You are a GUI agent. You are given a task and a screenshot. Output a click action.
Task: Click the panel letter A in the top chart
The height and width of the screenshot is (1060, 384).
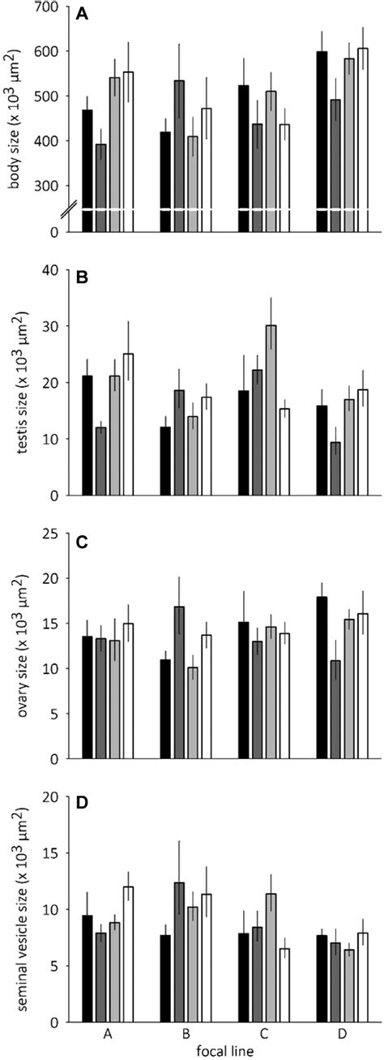click(x=82, y=14)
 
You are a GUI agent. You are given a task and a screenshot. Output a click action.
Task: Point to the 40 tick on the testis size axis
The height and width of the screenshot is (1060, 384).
click(x=58, y=270)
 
